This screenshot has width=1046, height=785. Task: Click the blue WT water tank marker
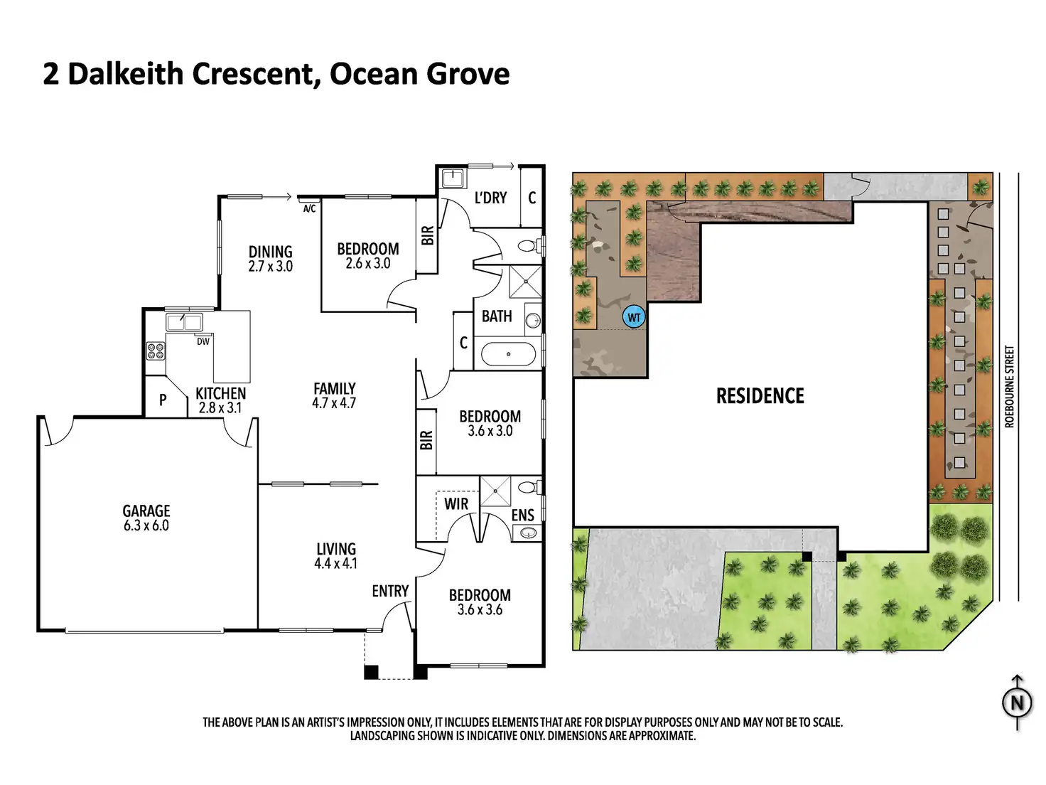click(633, 317)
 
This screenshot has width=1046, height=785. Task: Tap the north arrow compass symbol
click(1017, 703)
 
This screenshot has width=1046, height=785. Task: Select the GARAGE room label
click(146, 511)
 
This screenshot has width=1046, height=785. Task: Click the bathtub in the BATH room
click(508, 353)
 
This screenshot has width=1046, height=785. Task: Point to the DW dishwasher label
click(203, 341)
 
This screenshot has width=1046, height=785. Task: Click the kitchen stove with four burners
click(155, 351)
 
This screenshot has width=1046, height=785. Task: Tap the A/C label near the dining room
click(309, 209)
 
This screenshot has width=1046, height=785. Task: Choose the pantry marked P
click(163, 400)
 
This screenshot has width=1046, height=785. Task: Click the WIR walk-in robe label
click(456, 504)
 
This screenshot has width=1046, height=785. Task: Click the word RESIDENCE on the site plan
click(760, 396)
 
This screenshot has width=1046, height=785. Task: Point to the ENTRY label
click(390, 591)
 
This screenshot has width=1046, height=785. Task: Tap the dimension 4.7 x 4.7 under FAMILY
click(334, 403)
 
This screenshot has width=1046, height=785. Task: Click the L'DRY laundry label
click(490, 198)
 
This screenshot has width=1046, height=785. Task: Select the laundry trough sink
click(452, 178)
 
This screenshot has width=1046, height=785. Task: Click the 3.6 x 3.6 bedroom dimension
click(480, 610)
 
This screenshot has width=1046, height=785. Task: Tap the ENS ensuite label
click(522, 516)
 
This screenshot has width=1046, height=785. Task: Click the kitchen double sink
click(184, 322)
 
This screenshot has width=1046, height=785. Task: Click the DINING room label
click(270, 252)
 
